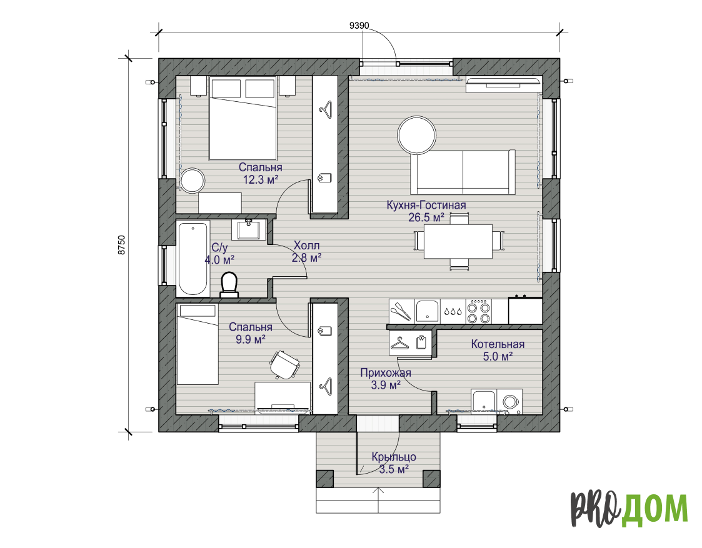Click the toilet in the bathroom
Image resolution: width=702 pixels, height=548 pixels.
click(229, 284)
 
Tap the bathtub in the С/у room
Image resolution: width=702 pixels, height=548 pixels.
click(193, 258)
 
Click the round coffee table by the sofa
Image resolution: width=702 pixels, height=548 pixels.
click(417, 135)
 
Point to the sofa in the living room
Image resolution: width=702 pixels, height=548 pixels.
click(463, 172)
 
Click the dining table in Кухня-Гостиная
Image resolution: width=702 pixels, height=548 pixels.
click(458, 241)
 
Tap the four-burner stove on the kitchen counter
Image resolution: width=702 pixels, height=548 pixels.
click(479, 311)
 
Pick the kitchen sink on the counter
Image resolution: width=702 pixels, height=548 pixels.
click(427, 311)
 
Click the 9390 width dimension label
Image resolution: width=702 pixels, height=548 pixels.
click(359, 26)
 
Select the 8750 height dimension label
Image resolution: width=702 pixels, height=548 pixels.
click(122, 245)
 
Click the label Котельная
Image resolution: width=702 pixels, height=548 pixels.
click(498, 344)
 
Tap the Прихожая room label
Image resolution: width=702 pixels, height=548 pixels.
click(386, 372)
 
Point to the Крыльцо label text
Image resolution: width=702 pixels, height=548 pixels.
click(394, 457)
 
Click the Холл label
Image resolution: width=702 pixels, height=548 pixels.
click(307, 245)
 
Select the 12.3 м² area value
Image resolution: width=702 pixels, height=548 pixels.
click(261, 180)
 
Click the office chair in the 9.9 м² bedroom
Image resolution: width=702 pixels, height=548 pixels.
click(284, 364)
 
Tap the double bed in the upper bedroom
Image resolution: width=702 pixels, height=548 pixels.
click(243, 119)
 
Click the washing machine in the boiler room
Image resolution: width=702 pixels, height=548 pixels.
click(509, 401)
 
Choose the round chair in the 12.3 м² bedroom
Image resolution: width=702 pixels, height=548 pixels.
click(193, 181)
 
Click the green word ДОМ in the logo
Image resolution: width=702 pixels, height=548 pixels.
click(654, 509)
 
